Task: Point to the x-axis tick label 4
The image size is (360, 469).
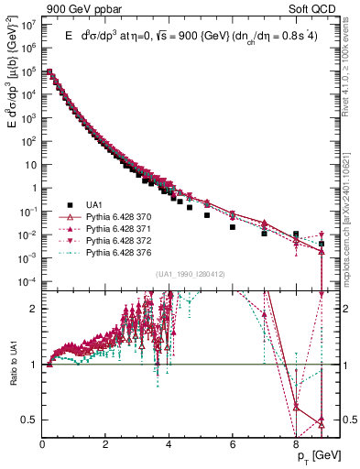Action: [169, 435]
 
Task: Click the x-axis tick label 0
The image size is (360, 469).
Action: [43, 435]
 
